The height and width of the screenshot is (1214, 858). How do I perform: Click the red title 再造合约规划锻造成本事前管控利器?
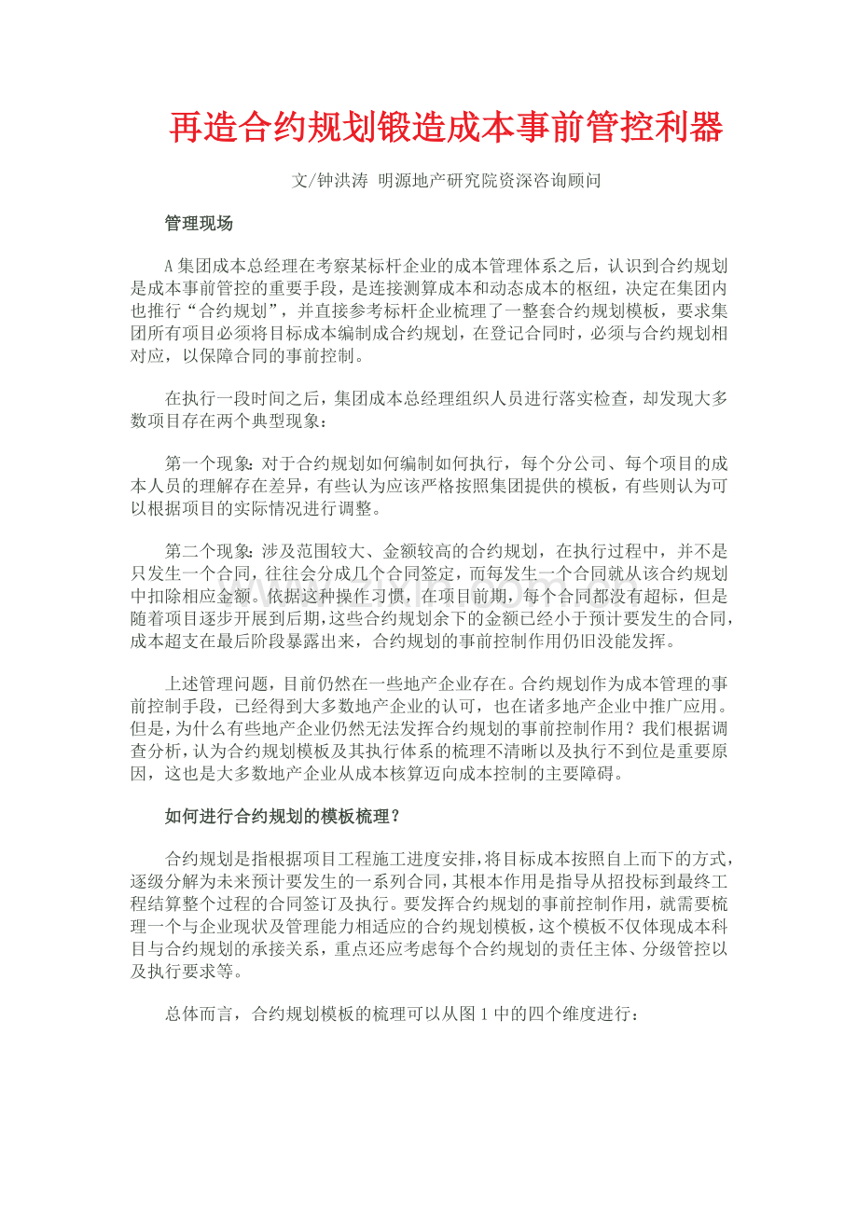(x=446, y=128)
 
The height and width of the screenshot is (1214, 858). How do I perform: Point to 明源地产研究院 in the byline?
(x=441, y=181)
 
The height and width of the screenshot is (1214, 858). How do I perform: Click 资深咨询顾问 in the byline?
(x=557, y=181)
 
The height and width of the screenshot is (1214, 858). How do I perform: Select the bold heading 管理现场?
(x=199, y=224)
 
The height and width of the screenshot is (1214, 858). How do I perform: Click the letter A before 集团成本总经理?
(x=170, y=267)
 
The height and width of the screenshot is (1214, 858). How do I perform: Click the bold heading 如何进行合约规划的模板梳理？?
(x=284, y=816)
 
